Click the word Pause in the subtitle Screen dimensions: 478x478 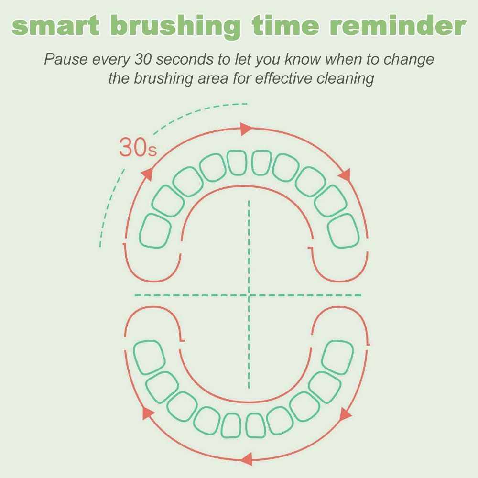(x=66, y=59)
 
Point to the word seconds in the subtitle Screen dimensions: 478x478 (x=185, y=59)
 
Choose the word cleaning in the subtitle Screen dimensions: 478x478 (x=345, y=78)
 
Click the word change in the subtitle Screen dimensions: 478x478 (x=409, y=59)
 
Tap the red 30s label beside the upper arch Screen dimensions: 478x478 (x=138, y=148)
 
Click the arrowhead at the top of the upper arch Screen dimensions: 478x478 (x=246, y=129)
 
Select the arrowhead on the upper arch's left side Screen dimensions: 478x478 (x=148, y=174)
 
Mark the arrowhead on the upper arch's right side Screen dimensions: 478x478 (x=345, y=175)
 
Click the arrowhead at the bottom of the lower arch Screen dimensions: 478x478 (x=247, y=459)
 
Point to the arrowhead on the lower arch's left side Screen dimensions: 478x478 (x=148, y=413)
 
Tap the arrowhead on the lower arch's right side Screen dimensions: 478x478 (x=345, y=414)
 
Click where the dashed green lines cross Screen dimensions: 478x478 (x=249, y=295)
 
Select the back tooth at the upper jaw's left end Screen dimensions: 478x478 (x=155, y=231)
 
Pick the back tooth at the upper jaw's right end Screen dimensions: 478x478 (x=344, y=231)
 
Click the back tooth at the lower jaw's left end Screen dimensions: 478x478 (x=149, y=357)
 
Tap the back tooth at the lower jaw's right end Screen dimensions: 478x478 (x=337, y=358)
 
